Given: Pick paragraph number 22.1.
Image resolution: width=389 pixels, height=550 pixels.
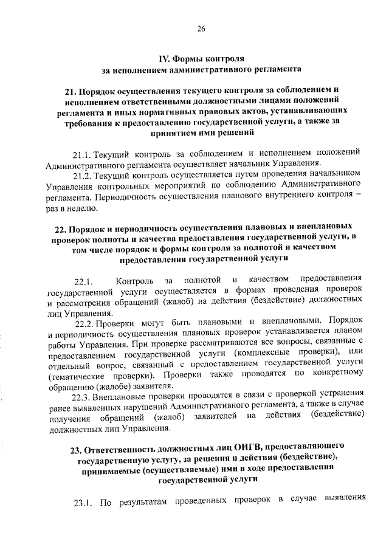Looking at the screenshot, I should click(83, 280).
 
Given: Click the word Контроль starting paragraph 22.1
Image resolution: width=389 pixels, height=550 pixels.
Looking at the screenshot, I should click(137, 280).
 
